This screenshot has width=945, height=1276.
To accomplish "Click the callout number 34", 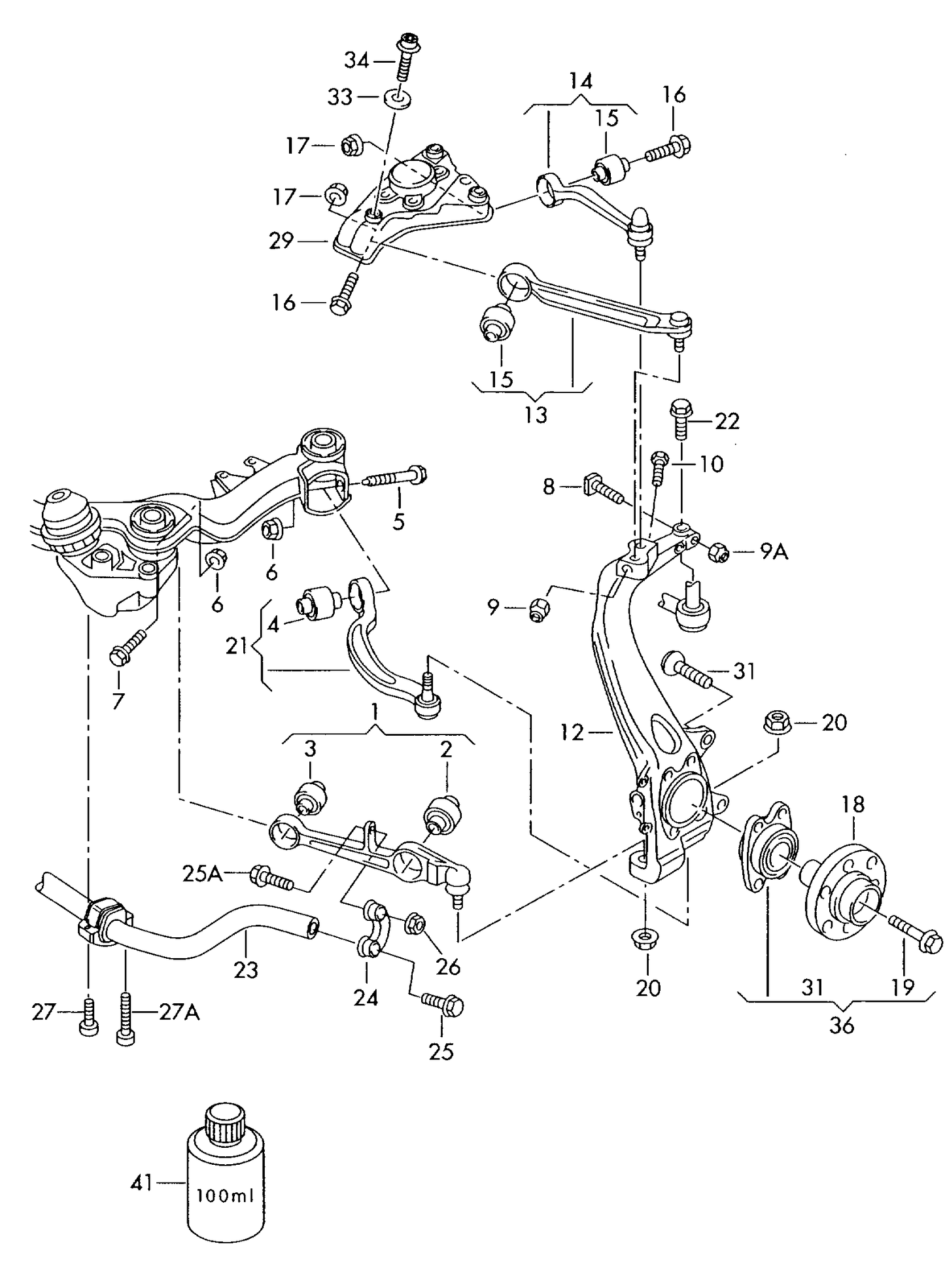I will [x=357, y=61].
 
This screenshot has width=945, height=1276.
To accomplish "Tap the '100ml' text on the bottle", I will [x=224, y=1196].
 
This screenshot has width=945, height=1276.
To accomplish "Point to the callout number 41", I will [x=141, y=1182].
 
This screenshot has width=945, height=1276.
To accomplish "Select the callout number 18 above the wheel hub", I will [x=853, y=804].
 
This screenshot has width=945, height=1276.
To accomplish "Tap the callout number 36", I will [x=842, y=1026].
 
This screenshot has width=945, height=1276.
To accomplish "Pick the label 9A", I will [x=774, y=553].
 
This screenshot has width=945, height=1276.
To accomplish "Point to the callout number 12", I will [x=572, y=733].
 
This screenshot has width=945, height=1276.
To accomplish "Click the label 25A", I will [x=202, y=872].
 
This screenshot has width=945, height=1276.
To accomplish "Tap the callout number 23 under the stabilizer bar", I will [x=246, y=969].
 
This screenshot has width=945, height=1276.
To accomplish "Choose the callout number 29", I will [x=281, y=241].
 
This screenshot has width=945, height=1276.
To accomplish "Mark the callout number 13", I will [x=536, y=415].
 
